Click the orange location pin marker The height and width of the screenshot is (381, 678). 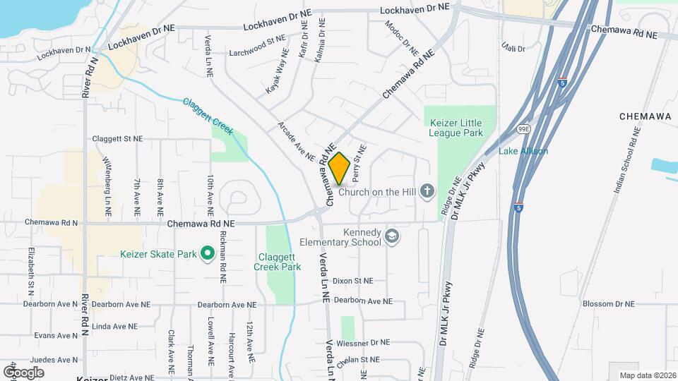coord(339,168)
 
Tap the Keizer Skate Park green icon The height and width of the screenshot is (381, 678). coord(207,253)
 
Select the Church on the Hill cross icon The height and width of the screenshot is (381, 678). coord(427,190)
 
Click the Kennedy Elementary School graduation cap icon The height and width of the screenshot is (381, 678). coord(393,238)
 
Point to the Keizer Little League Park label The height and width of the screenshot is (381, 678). coord(456,127)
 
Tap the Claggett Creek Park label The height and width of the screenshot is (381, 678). coord(277,261)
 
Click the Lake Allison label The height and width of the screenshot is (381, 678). coord(523,151)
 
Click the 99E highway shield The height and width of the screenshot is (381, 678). coord(524,130)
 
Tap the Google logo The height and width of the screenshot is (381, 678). coord(23,372)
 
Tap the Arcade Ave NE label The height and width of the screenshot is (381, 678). coord(296,140)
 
